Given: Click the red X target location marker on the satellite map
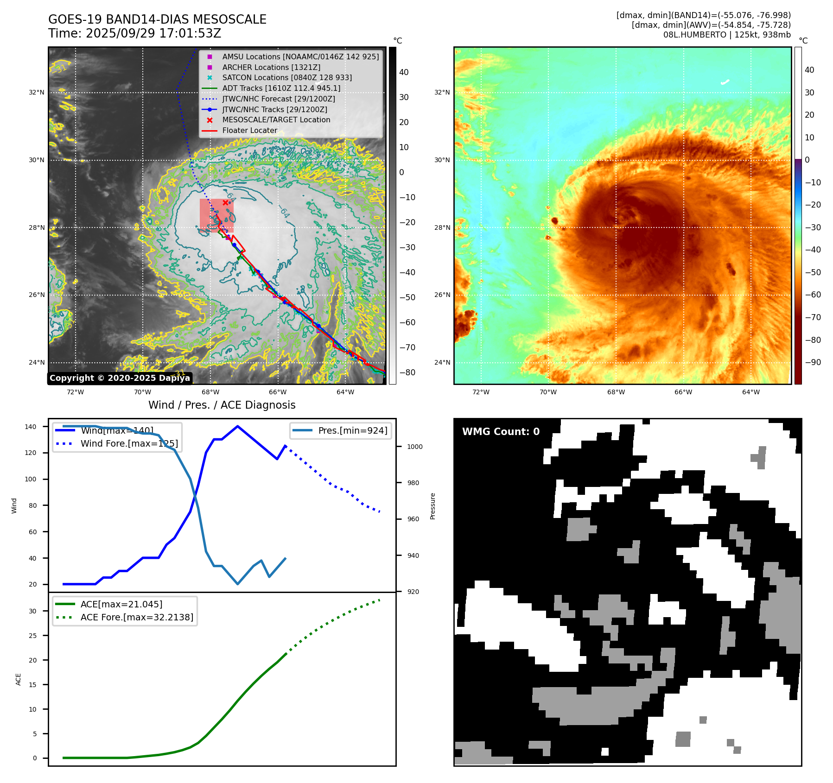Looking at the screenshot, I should pyautogui.click(x=225, y=202).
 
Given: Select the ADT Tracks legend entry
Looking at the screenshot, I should pyautogui.click(x=281, y=88).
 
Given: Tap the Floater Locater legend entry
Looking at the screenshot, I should pyautogui.click(x=249, y=131).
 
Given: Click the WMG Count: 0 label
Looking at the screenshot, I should pyautogui.click(x=501, y=432).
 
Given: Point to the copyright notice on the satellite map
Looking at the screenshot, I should pyautogui.click(x=120, y=378).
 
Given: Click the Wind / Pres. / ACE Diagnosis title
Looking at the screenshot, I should pyautogui.click(x=222, y=405).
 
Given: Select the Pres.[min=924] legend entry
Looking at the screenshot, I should pyautogui.click(x=352, y=430).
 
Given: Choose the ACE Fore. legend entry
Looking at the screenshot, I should pyautogui.click(x=137, y=617).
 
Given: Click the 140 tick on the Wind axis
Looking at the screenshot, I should pyautogui.click(x=31, y=427).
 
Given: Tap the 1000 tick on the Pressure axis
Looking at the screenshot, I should pyautogui.click(x=414, y=447).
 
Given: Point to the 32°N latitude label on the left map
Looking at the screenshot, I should pyautogui.click(x=37, y=92).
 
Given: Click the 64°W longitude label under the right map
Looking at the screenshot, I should pyautogui.click(x=750, y=392).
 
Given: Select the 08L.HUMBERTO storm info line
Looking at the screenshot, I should pyautogui.click(x=726, y=35).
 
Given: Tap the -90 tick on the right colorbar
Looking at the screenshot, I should pyautogui.click(x=813, y=362).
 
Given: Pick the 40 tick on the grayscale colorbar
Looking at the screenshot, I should pyautogui.click(x=404, y=72).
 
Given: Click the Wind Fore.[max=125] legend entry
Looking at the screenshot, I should pyautogui.click(x=129, y=443).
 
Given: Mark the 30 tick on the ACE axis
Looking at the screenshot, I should pyautogui.click(x=32, y=611).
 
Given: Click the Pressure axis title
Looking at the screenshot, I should pyautogui.click(x=432, y=506).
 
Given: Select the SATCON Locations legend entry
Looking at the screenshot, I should pyautogui.click(x=286, y=77).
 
